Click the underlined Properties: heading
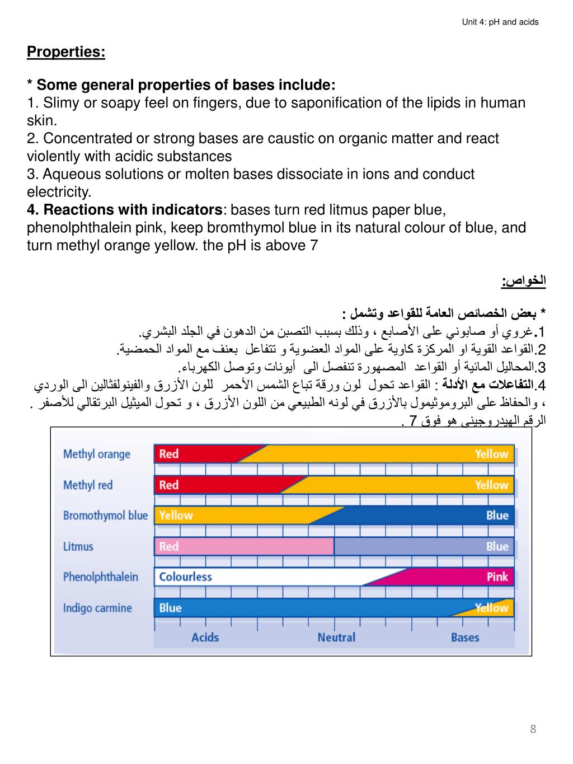click(x=66, y=52)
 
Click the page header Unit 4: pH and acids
click(x=500, y=22)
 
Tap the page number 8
click(x=533, y=729)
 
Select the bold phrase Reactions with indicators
click(x=133, y=210)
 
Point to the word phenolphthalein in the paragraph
click(x=96, y=228)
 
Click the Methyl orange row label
click(x=96, y=454)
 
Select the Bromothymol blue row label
click(x=105, y=515)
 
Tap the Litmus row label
click(x=78, y=546)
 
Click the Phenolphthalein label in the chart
click(x=100, y=576)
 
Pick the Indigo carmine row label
click(x=97, y=608)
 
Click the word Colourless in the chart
click(x=185, y=576)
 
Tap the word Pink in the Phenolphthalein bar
click(x=497, y=576)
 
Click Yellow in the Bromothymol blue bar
click(x=175, y=515)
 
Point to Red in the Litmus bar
click(x=168, y=546)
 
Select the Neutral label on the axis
click(x=336, y=637)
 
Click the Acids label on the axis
click(x=205, y=637)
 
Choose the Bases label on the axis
click(x=465, y=637)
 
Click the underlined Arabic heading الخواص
click(x=524, y=281)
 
